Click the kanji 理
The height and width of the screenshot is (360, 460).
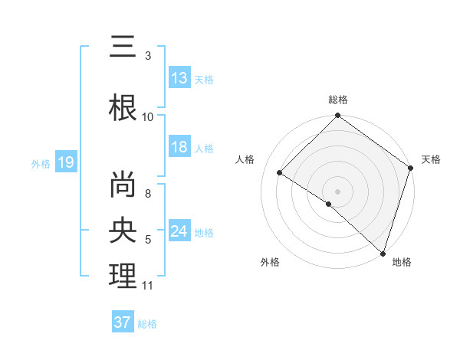[123, 275]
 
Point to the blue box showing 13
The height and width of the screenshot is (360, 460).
[179, 78]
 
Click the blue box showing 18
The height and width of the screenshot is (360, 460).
[179, 147]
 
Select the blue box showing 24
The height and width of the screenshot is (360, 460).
[179, 231]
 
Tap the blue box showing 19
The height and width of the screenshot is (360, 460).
[66, 162]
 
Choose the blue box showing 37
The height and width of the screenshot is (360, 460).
[123, 322]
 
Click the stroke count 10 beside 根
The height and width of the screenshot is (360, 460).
[148, 116]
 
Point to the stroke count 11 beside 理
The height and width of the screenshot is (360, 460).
[148, 286]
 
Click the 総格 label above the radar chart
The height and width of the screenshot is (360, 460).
[338, 100]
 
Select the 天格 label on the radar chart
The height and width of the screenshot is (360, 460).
[431, 159]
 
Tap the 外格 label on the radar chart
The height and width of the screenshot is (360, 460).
[270, 262]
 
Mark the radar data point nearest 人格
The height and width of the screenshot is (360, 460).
[280, 173]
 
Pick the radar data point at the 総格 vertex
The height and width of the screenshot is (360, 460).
[337, 116]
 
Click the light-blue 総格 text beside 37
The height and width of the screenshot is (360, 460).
[147, 323]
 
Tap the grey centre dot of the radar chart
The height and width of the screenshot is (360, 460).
[337, 191]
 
